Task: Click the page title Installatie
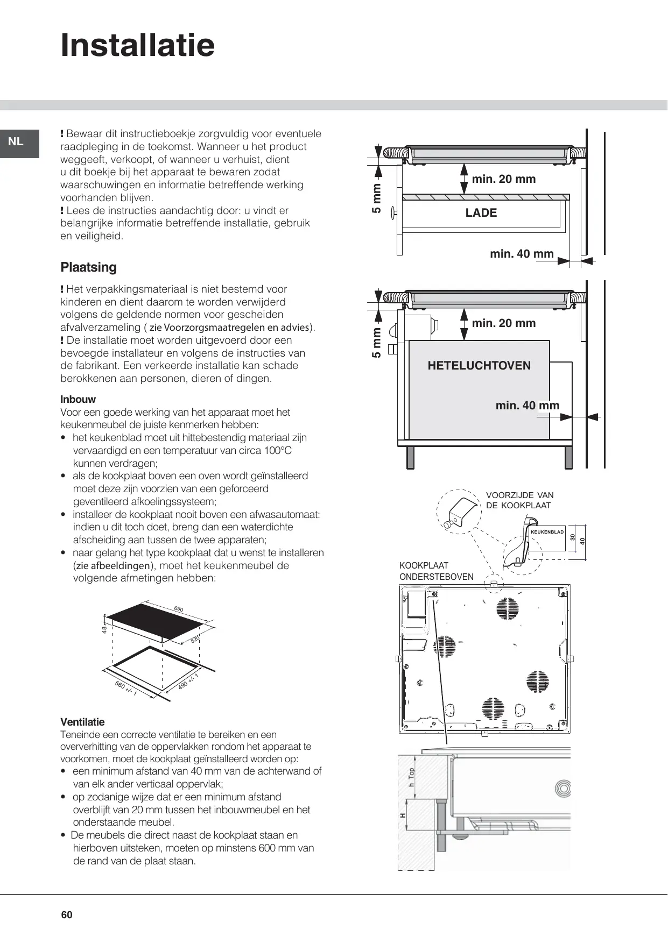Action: tap(138, 45)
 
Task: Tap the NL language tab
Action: tap(16, 142)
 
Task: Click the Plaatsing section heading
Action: tap(88, 267)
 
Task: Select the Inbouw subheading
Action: tap(78, 399)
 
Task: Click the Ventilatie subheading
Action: tap(82, 722)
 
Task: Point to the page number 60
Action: tap(67, 915)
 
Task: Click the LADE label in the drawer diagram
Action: tap(481, 213)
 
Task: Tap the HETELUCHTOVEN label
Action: tap(479, 366)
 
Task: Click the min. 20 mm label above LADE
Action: tap(504, 179)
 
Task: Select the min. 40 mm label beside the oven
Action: tap(527, 406)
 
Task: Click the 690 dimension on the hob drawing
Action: tap(179, 609)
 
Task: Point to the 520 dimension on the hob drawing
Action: tap(195, 640)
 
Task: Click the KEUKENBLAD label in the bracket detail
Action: tap(547, 532)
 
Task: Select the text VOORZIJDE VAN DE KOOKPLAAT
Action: tap(519, 500)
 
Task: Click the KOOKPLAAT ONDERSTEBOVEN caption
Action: tap(436, 571)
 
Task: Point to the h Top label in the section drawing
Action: tap(412, 778)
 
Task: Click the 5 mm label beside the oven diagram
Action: tap(377, 343)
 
